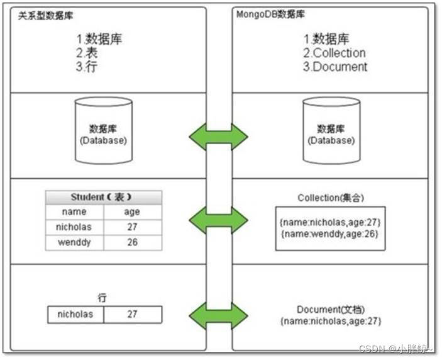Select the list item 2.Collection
334,53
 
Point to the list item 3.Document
335,66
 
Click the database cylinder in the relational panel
103,133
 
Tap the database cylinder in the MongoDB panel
330,133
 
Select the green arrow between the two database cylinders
219,136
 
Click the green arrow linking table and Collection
219,220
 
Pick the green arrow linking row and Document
219,315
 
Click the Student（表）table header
103,197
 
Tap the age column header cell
132,211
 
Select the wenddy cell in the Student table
75,242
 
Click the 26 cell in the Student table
132,242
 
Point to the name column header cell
75,211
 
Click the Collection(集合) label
331,198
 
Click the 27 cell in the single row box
132,314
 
